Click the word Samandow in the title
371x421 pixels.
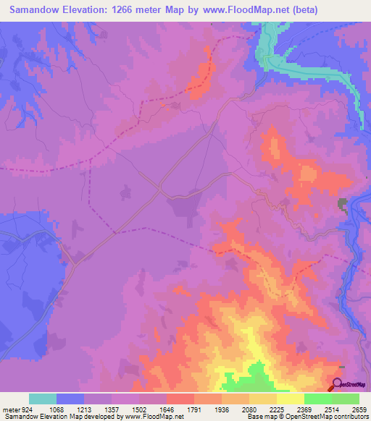[x=37, y=10]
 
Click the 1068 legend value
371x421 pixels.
[x=67, y=409]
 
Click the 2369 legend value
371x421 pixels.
[x=317, y=409]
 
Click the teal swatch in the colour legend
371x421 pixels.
[x=43, y=399]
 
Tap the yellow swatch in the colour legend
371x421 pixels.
[x=291, y=399]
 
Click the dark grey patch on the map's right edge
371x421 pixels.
[x=342, y=205]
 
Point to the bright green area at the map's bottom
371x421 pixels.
[x=246, y=380]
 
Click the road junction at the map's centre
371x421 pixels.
[x=160, y=190]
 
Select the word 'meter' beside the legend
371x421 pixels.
[x=10, y=409]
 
